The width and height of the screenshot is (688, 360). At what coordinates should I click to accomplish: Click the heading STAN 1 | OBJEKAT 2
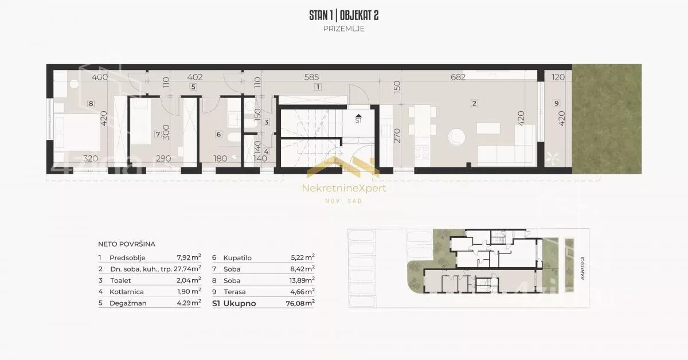(343, 15)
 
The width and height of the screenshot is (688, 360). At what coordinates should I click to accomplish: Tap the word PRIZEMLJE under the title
(343, 29)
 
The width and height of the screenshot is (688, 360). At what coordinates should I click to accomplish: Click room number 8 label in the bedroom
(91, 104)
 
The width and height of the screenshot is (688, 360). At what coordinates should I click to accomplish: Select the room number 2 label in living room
(474, 103)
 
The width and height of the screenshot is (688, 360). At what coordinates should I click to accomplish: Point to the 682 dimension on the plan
(458, 77)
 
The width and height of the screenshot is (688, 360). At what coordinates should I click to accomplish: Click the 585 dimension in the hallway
(311, 77)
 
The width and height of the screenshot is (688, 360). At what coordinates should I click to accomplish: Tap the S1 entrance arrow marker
(358, 119)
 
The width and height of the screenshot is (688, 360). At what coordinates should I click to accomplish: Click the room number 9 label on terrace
(557, 103)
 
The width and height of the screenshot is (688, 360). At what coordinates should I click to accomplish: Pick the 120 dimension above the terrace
(558, 77)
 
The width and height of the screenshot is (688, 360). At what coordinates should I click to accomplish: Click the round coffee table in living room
(456, 137)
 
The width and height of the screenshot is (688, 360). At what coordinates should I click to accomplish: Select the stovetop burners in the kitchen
(421, 152)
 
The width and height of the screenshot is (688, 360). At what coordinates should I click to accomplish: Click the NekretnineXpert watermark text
(344, 188)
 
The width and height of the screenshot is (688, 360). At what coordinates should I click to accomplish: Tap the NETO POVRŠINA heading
(127, 244)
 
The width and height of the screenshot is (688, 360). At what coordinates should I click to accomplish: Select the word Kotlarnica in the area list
(127, 292)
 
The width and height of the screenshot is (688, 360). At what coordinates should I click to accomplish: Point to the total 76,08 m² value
(300, 303)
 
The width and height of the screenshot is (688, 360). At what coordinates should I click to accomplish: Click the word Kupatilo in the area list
(237, 258)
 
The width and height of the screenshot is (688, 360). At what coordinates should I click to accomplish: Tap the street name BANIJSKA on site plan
(583, 268)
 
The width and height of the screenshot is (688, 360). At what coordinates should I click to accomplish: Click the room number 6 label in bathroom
(218, 134)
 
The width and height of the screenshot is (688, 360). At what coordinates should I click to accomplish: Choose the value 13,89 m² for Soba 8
(302, 280)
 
